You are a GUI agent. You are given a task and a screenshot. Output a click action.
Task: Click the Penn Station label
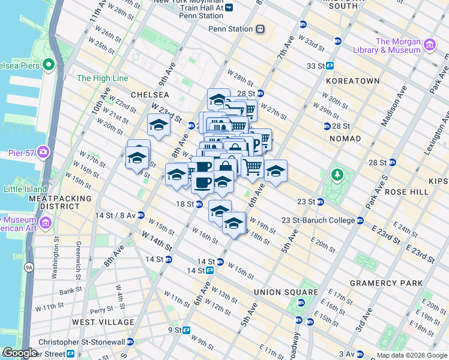[x=231, y=29]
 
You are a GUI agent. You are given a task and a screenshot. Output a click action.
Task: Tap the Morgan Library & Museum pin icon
[x=429, y=45]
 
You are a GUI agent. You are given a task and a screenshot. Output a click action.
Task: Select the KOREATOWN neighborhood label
[x=353, y=80]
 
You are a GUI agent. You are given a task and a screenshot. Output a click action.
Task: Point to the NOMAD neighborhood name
[x=345, y=139]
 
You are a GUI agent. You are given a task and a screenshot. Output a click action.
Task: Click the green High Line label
[x=102, y=78]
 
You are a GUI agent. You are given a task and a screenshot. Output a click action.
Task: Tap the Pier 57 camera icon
[x=43, y=151]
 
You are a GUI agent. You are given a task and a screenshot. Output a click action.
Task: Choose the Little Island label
[x=25, y=188]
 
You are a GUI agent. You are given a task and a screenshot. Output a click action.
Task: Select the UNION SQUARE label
[x=276, y=292]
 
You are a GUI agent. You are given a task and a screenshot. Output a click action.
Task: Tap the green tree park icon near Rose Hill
[x=337, y=175]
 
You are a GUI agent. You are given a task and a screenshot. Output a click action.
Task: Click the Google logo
[x=20, y=353]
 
